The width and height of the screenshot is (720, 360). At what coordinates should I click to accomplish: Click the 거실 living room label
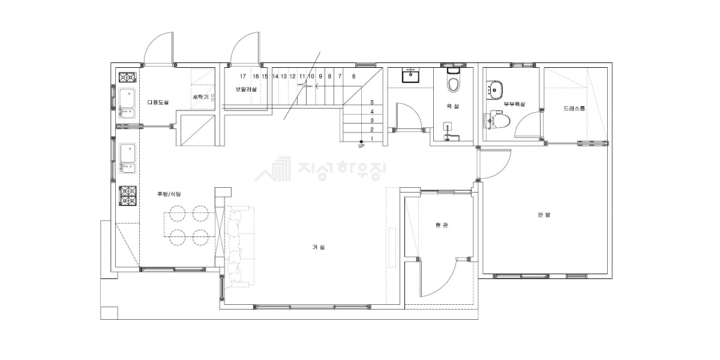coord(319,247)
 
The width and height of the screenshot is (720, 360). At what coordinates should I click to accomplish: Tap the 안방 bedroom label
coord(544,215)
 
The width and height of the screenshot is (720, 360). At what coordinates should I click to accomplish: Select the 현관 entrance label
coord(442,226)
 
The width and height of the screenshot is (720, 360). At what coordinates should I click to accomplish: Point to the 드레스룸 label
coord(574,109)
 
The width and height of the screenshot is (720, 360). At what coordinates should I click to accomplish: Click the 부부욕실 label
coord(514,104)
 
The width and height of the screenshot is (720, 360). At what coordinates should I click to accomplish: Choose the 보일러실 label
coord(246,89)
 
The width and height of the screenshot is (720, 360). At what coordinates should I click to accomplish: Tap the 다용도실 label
coord(158,102)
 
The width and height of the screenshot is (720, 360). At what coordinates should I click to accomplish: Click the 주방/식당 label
coord(169,194)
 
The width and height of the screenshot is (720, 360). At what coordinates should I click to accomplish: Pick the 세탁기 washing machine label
coord(200,97)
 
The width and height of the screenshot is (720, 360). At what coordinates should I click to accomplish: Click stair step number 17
coord(242,77)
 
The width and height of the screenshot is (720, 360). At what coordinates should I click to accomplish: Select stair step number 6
coord(354,77)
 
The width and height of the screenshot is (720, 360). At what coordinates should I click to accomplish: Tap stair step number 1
coord(372,139)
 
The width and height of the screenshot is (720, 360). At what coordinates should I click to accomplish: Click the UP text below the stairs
coord(361,146)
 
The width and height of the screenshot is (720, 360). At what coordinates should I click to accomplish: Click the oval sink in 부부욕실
coord(494,89)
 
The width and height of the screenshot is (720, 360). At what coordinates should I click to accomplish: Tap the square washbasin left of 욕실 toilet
coord(410,75)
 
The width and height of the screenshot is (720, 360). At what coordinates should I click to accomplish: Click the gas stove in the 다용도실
coord(128,77)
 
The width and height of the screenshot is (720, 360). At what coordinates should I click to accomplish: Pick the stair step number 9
coord(320,77)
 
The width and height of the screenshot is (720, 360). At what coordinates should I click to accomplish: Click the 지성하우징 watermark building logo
coord(272,169)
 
